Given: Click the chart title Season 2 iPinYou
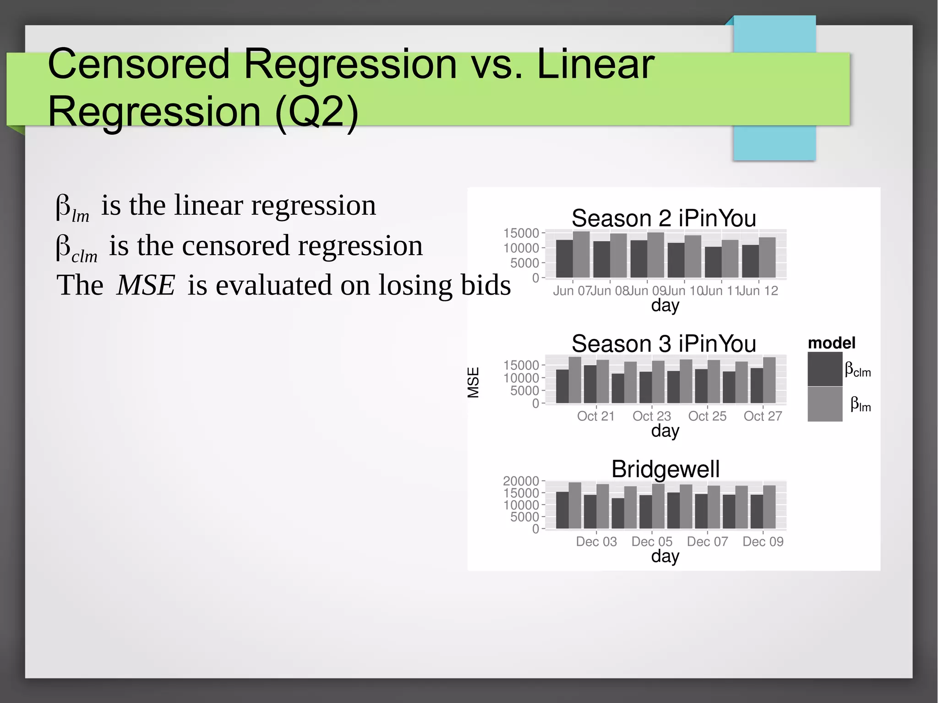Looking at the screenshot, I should pos(663,218).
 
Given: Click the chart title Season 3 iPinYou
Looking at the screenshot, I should pos(663,343).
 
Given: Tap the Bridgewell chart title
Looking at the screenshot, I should pos(665,469).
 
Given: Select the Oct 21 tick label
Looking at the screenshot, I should pos(595,416).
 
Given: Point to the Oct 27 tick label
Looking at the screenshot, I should pos(763,416).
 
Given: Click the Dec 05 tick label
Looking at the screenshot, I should pos(651,541).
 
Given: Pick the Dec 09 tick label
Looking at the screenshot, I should pos(763,541).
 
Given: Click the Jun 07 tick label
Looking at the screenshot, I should pos(572,291).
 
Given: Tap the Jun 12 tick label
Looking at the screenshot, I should pos(759,291).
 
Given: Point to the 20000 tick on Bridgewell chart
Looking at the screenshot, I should pos(521,481).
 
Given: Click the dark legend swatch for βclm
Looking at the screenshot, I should pos(824,369).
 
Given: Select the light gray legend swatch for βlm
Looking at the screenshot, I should pos(824,404).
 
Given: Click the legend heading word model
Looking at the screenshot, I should pos(831,343).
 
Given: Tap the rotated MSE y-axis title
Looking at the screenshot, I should pos(473,382).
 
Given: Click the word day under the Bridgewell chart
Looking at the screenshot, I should pos(665,556).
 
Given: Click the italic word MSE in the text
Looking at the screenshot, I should pos(146,285).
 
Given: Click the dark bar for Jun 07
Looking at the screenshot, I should pos(564,259).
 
